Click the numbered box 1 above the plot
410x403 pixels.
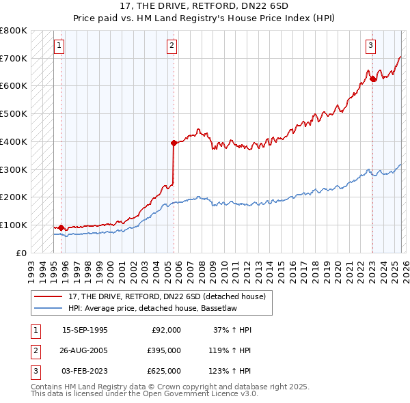(x=59, y=46)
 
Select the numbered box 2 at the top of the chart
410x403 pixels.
(x=171, y=46)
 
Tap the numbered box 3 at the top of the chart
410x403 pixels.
(x=370, y=46)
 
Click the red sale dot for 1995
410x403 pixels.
(x=61, y=227)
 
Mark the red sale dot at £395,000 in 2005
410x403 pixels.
(x=174, y=143)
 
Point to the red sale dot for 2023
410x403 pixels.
(x=373, y=79)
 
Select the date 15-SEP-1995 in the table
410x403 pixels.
(x=85, y=330)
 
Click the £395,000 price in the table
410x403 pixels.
(x=165, y=350)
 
